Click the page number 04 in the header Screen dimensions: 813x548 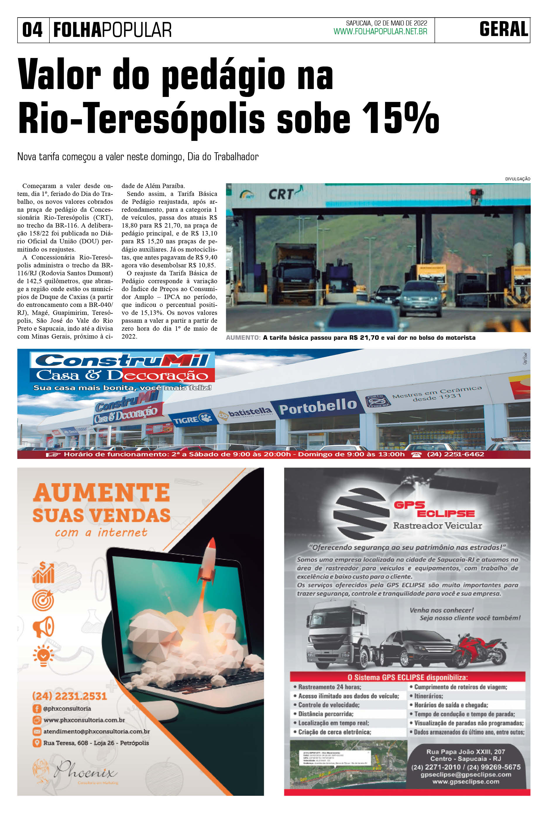point(32,30)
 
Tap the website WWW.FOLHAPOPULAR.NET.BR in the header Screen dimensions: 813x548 point(380,32)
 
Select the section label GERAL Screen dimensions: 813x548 point(503,29)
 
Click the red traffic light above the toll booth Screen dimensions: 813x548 point(474,192)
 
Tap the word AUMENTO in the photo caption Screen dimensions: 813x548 point(243,338)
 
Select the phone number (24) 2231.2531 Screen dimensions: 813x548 point(69,696)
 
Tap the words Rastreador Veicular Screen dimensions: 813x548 point(437,525)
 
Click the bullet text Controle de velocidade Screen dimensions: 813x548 point(329,705)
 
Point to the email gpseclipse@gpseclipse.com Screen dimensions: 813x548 point(465,775)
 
